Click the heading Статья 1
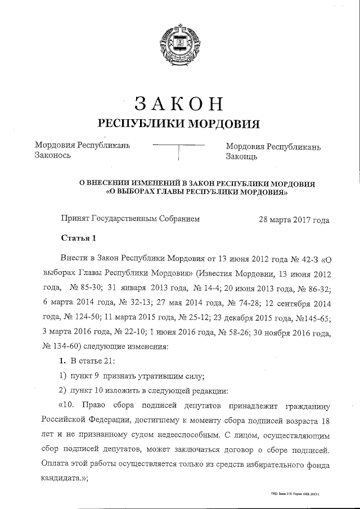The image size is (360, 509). coord(79,238)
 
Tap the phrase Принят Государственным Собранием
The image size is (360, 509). coord(130,219)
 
